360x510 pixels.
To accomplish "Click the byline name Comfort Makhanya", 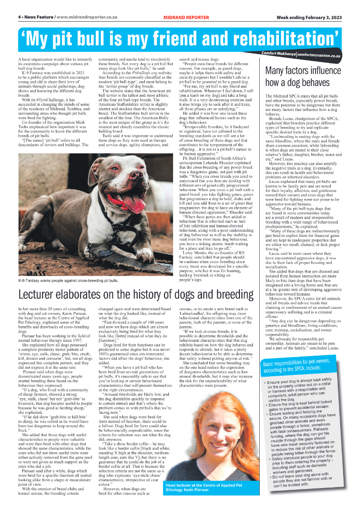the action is point(278,54).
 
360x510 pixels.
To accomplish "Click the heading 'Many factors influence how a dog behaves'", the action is point(303,77).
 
